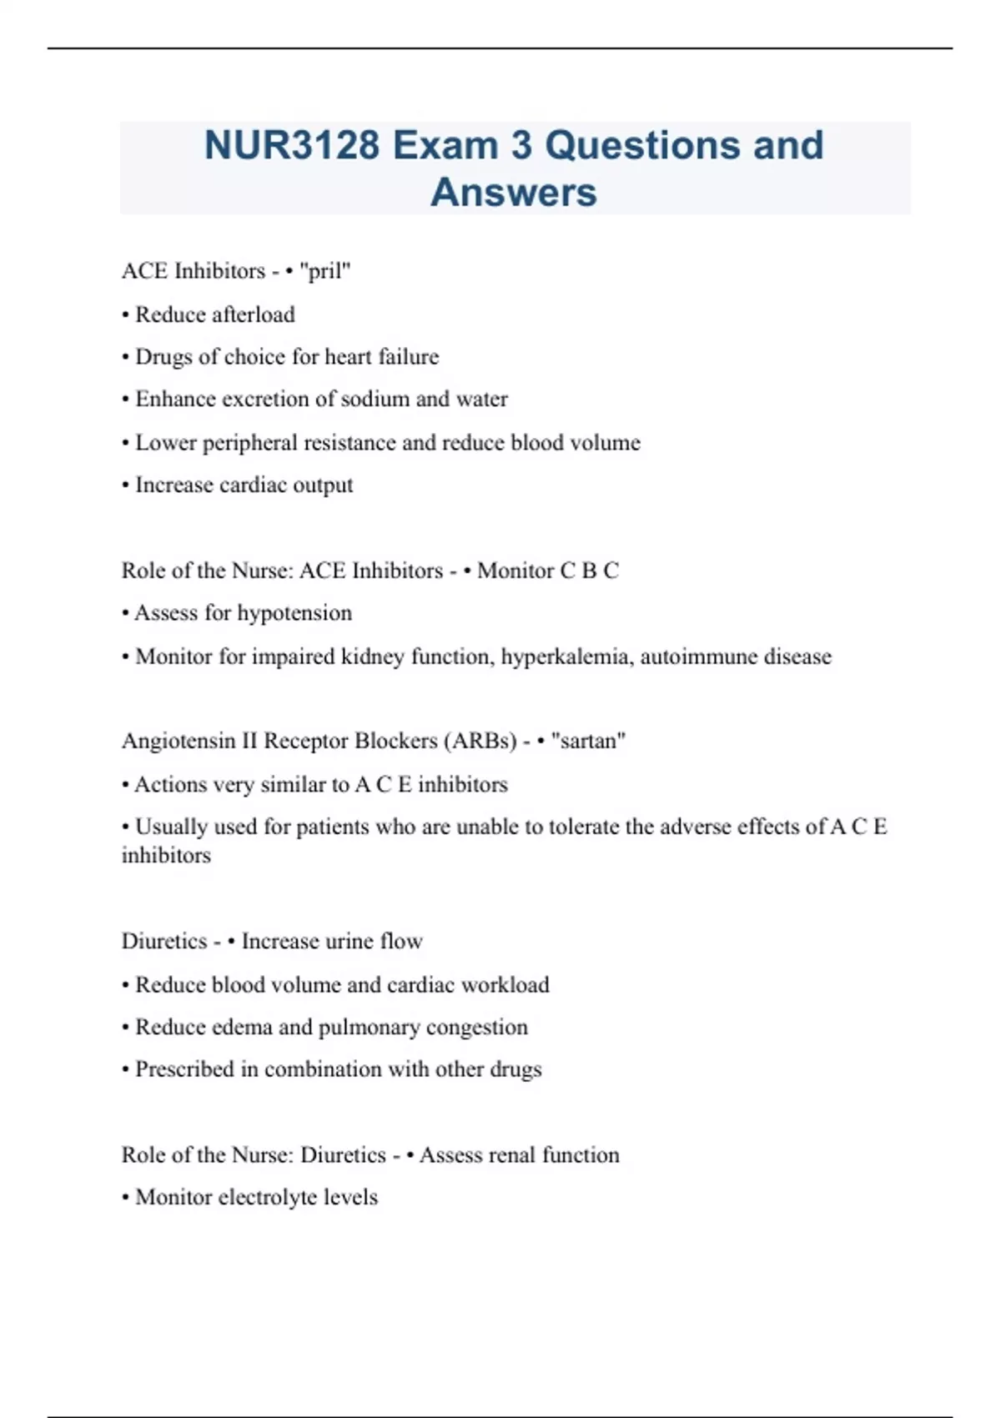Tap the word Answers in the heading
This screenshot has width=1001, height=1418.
[x=514, y=192]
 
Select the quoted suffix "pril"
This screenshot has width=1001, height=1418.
[x=325, y=271]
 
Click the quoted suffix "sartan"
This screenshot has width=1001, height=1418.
[x=588, y=741]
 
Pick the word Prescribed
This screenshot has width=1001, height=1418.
[x=184, y=1069]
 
